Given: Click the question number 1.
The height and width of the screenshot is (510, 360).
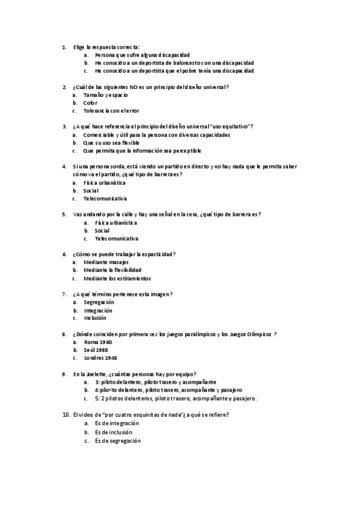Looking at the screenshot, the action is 64,47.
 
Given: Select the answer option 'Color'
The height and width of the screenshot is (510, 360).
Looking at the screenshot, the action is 91,103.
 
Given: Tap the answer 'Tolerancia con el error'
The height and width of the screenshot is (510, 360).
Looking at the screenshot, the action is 111,111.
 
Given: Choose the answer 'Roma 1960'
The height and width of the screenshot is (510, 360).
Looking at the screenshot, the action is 98,342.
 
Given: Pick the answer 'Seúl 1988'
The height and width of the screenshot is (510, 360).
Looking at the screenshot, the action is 96,349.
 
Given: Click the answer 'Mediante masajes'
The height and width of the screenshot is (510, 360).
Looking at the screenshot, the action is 106,262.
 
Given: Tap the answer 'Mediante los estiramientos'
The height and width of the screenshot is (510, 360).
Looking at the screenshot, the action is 117,278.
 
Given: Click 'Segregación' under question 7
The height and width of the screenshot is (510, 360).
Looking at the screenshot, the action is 99,302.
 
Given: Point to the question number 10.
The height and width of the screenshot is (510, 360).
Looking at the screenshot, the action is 66,414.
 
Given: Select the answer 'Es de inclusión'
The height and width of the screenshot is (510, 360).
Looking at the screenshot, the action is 113,432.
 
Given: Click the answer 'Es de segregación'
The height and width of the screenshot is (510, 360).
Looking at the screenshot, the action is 118,440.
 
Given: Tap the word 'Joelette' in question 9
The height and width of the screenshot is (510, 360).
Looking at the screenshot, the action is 92,373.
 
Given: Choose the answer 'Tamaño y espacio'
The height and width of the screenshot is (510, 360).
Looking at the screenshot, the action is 106,95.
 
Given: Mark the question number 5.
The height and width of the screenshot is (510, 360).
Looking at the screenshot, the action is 64,214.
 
